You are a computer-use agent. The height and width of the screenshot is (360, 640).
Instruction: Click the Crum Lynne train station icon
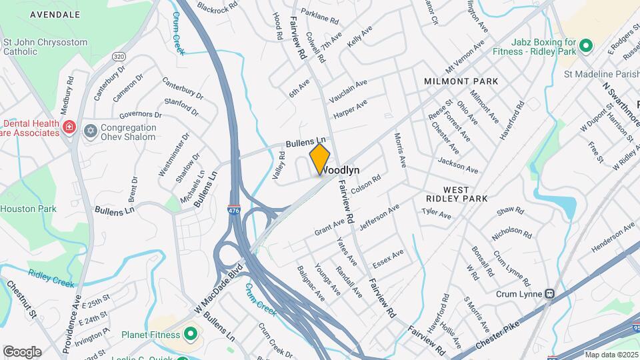coord(550,293)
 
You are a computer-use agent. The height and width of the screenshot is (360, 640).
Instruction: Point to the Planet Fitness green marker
coord(190,333)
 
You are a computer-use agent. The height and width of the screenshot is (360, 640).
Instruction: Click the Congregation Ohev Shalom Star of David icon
coord(90,129)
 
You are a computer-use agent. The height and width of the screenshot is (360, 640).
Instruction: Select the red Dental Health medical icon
coord(69,126)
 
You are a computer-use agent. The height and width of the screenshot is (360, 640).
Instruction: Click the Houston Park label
coord(28,209)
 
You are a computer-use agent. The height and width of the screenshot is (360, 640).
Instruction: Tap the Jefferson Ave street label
coord(379,219)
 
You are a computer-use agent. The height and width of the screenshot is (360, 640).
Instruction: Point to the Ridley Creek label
coord(51,277)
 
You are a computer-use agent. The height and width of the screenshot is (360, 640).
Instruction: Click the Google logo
coord(22,351)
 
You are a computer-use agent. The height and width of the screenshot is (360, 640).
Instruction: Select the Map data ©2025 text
coord(610,355)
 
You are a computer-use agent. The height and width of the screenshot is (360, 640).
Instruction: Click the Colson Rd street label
coord(366,184)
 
